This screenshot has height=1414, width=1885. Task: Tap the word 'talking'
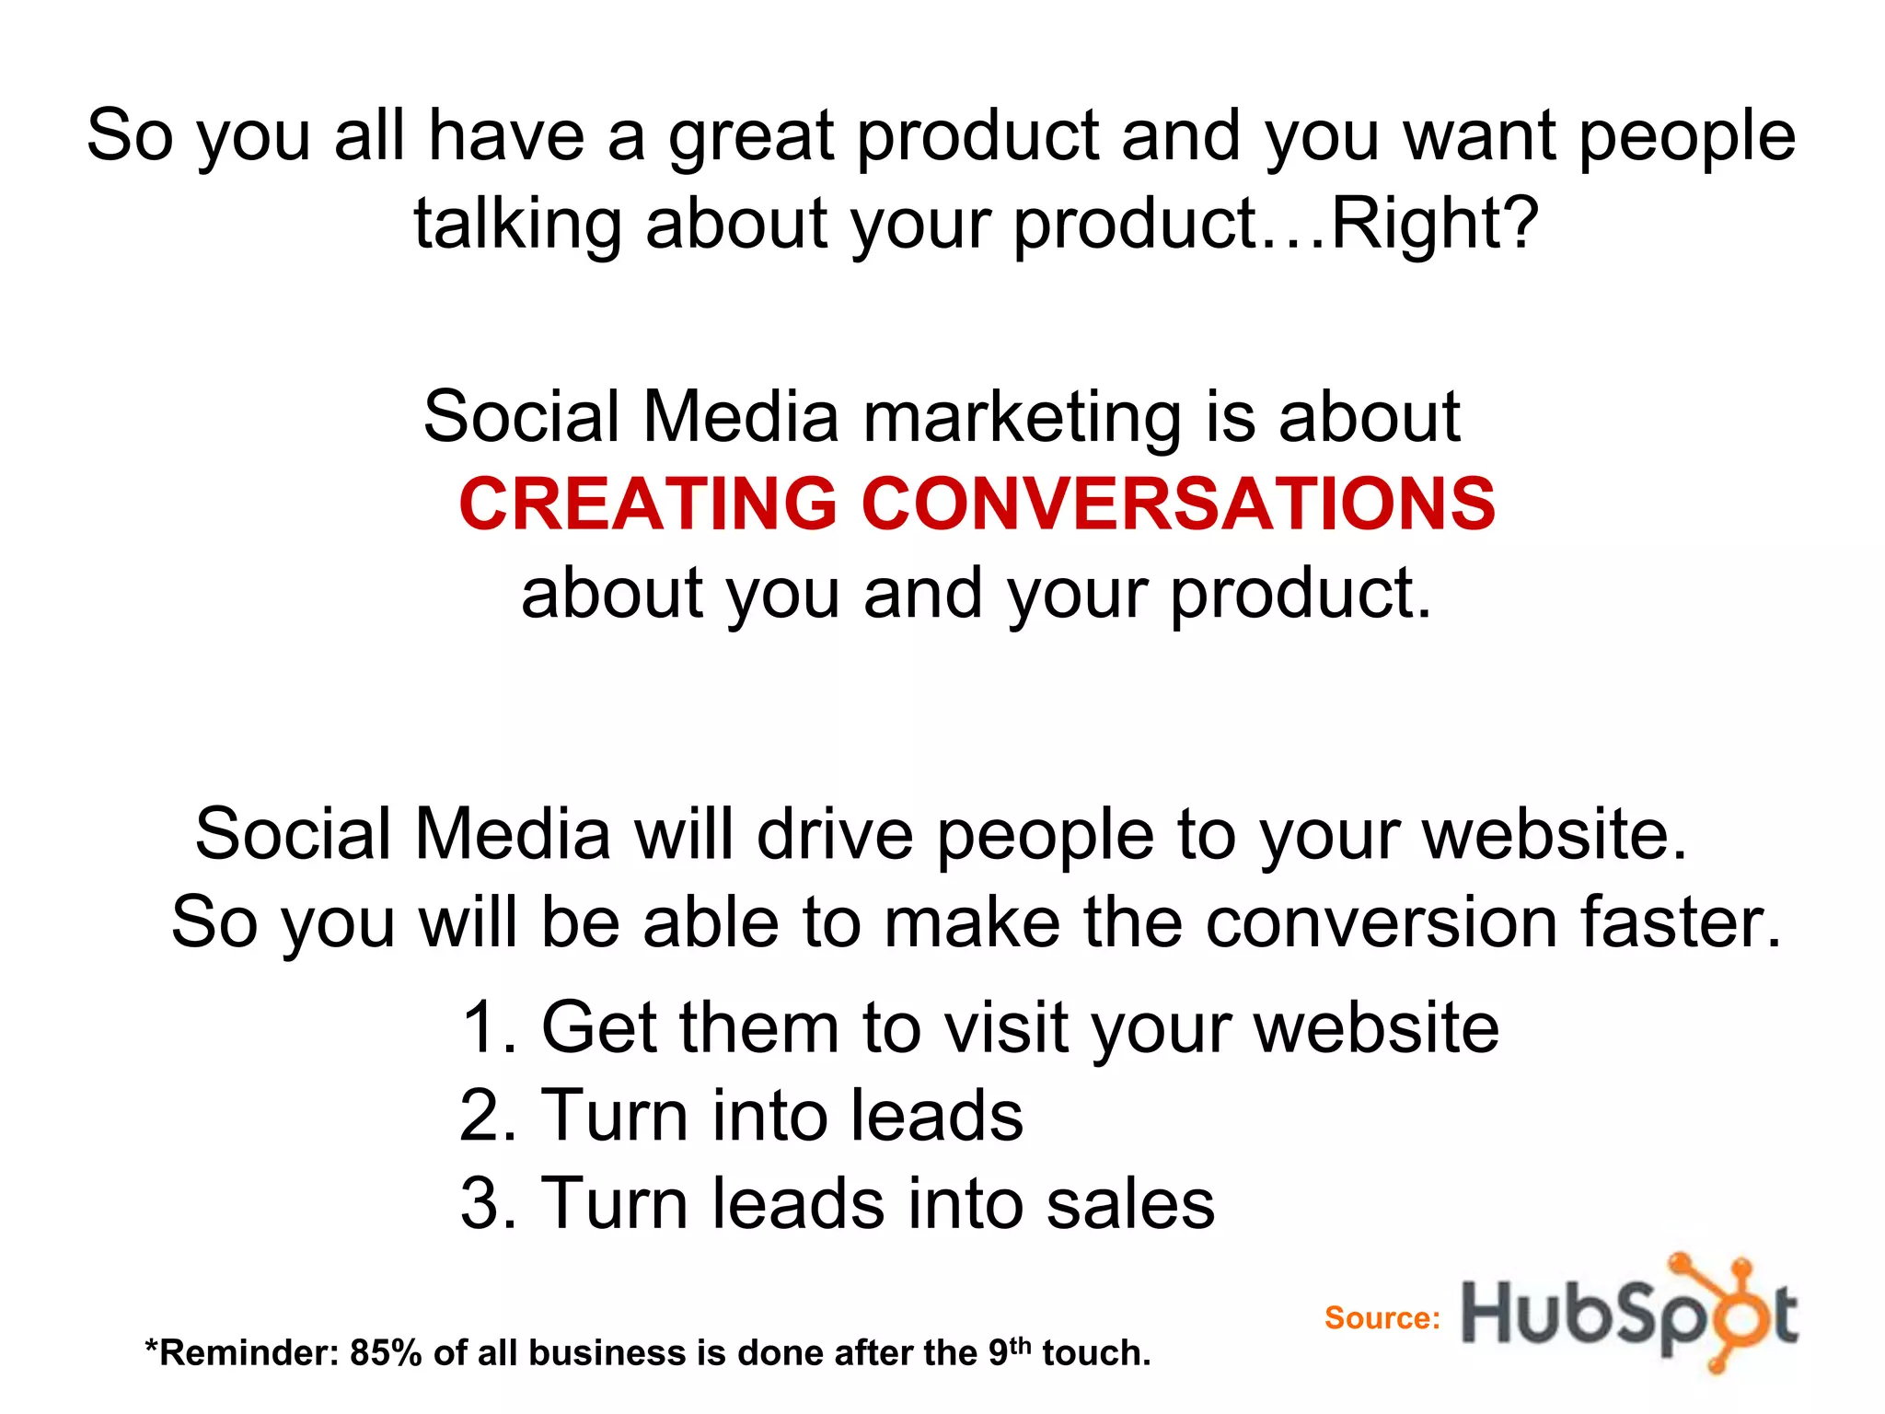point(517,226)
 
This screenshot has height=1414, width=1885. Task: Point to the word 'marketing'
point(1022,419)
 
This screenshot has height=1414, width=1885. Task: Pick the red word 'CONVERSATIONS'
point(1178,504)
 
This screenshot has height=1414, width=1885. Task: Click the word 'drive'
point(835,834)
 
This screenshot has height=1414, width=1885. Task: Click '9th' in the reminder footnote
point(1009,1351)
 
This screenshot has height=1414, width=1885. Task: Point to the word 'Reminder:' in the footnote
point(242,1353)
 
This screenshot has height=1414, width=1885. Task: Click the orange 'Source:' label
point(1382,1318)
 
